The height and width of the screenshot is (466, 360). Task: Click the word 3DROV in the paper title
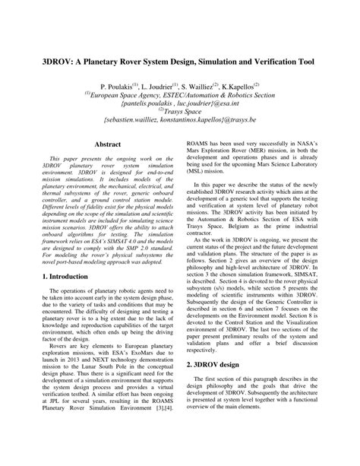point(40,64)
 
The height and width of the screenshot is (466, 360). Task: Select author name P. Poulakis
point(114,89)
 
